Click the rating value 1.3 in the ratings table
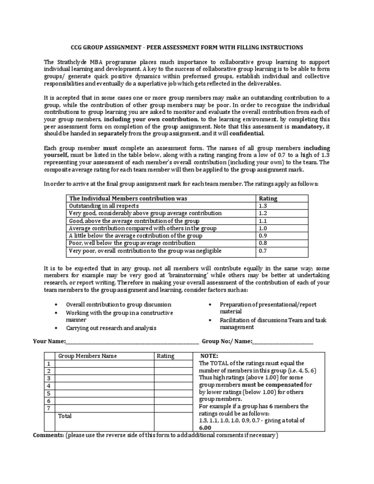pos(263,206)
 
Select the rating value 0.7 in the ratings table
pos(263,250)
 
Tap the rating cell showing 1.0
pos(263,228)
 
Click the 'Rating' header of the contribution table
pos(268,199)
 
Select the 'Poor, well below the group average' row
pos(128,243)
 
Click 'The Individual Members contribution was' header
pos(128,199)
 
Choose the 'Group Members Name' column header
pos(88,356)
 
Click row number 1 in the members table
pos(48,364)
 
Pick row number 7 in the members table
pos(48,408)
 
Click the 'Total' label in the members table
pos(65,416)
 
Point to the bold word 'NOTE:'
pos(209,356)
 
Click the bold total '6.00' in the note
pos(206,428)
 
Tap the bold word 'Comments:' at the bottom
pos(48,435)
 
